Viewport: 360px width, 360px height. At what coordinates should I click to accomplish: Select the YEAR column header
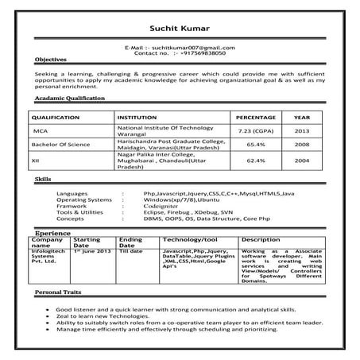302,116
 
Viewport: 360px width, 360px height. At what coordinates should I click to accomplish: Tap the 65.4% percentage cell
255,145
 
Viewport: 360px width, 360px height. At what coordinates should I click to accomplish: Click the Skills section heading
43,180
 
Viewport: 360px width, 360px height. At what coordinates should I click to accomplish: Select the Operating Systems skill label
85,199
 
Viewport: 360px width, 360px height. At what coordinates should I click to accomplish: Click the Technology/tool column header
190,239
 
